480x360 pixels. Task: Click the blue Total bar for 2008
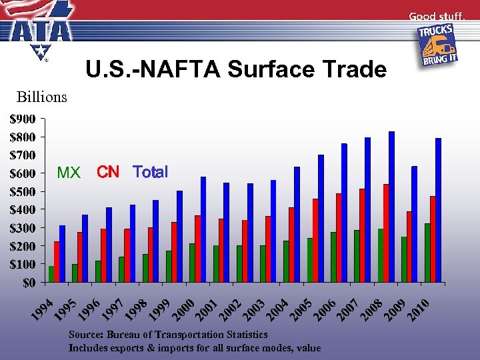click(392, 207)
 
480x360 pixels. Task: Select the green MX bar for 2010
click(427, 253)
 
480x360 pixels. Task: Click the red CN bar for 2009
click(409, 247)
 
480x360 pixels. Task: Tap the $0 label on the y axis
click(29, 283)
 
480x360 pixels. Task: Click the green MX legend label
click(69, 173)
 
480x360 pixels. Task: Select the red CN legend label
click(108, 173)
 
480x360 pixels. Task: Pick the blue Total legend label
click(151, 172)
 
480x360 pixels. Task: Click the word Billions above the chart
click(42, 97)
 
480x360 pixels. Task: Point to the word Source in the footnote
click(87, 334)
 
